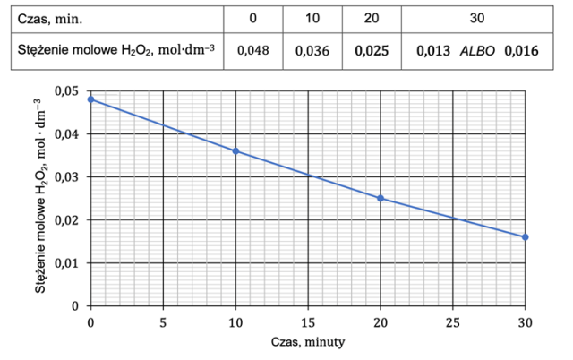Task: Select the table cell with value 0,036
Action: [312, 50]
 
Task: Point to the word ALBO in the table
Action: [477, 50]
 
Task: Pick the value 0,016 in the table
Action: [521, 50]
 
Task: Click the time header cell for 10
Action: [312, 18]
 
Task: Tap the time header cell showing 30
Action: [477, 18]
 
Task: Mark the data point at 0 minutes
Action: [90, 99]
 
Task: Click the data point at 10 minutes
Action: [235, 151]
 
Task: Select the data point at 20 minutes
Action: [381, 198]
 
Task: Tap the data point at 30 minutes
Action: [526, 237]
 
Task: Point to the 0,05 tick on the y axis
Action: [68, 91]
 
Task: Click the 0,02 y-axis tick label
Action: [68, 220]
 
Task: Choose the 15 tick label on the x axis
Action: [308, 320]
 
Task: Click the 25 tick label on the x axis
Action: [453, 320]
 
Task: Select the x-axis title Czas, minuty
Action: [308, 342]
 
